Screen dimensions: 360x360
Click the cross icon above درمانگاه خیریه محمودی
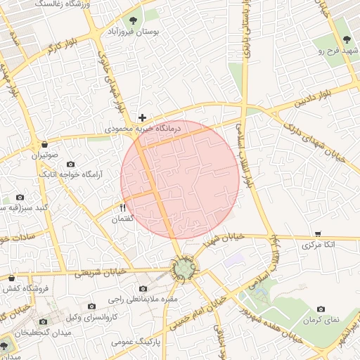143,118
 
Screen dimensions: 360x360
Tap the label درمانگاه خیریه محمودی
143,129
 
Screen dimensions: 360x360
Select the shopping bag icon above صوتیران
45,144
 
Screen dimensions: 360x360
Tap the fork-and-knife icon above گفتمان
122,207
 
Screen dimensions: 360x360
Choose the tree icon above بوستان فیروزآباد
134,19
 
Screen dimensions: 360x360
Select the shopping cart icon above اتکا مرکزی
318,233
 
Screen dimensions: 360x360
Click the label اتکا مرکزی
319,245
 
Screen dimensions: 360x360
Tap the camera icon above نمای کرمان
321,309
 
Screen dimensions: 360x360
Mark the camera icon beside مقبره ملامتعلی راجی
144,288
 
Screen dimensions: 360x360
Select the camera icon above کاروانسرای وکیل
91,307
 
